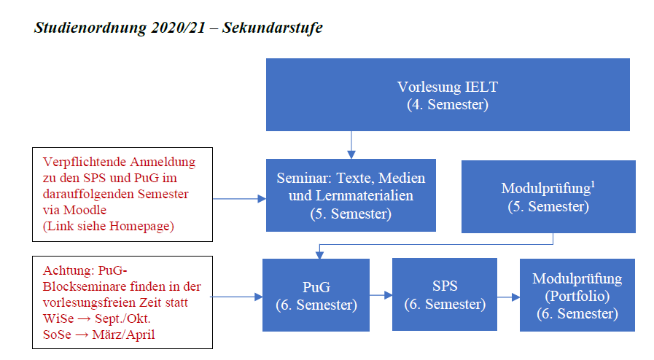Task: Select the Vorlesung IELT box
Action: pos(447,95)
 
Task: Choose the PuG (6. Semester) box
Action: pos(316,295)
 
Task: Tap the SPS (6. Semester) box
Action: pos(444,294)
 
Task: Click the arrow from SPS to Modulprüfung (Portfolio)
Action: pos(508,296)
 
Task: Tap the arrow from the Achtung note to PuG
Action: pos(237,297)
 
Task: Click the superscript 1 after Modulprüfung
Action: pos(593,184)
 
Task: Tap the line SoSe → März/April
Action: pos(104,333)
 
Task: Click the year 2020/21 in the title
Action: pos(172,28)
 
